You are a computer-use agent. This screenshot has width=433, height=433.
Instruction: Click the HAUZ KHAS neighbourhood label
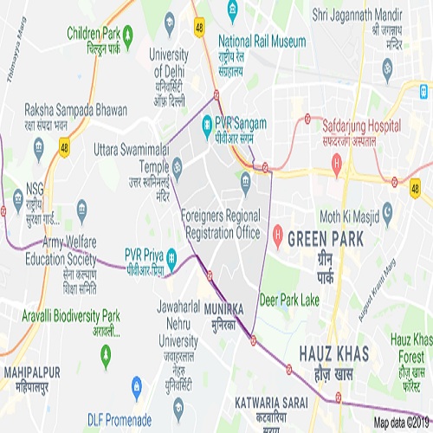click(333, 352)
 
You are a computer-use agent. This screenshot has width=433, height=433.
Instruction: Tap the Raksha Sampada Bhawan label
click(76, 112)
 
